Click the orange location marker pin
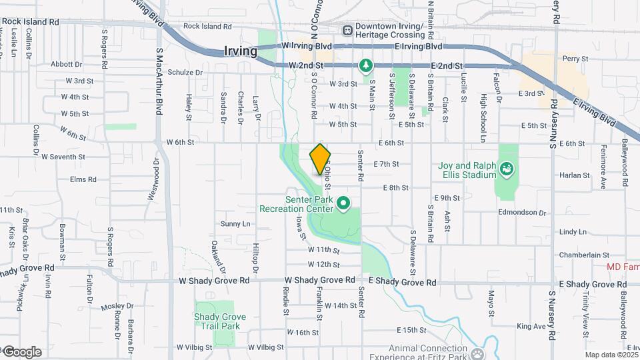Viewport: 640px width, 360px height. [x=320, y=159]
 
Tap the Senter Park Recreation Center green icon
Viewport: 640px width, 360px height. [x=344, y=202]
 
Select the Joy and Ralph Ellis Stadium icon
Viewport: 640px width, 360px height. [x=507, y=169]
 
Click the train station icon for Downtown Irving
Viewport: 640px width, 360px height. [x=347, y=30]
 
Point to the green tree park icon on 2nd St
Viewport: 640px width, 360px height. [x=365, y=65]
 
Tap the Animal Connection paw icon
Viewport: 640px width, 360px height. [x=477, y=353]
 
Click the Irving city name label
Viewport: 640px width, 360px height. [x=241, y=51]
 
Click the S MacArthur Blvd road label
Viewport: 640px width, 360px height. [x=159, y=81]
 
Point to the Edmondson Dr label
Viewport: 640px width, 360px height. [x=522, y=213]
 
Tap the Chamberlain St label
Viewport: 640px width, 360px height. [x=585, y=255]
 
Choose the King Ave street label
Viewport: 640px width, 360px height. [x=531, y=326]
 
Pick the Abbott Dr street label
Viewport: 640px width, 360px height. [x=66, y=64]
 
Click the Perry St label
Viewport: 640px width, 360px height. [x=575, y=59]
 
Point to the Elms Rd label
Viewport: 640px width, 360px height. [x=83, y=179]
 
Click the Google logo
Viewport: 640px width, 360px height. [x=22, y=352]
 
